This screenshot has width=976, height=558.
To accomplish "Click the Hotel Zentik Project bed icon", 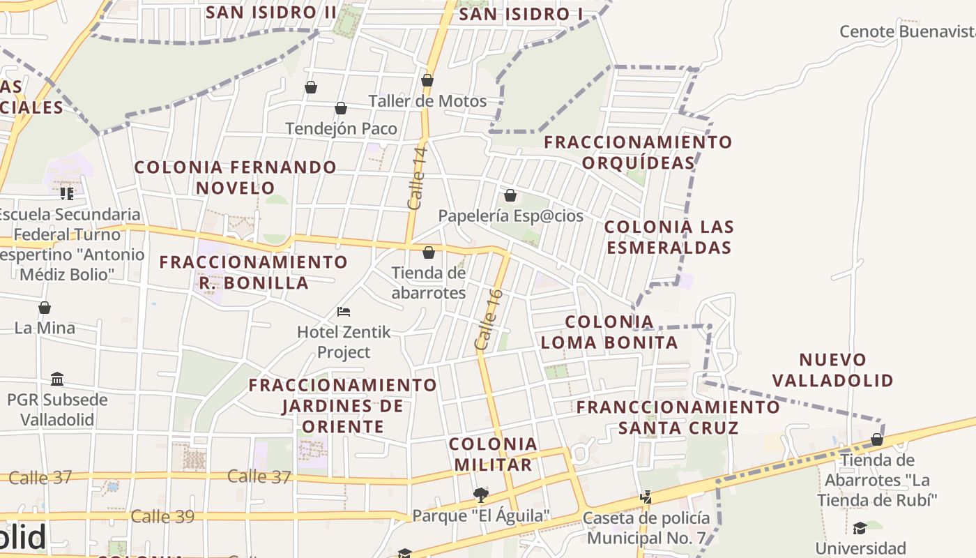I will point(343,311).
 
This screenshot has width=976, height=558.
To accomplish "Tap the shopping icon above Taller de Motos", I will point(427,81).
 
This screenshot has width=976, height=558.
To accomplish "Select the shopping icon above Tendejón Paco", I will point(341,108).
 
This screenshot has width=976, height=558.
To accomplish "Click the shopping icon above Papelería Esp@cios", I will point(510,195).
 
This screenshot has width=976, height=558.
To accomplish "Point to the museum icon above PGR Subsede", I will point(57,379).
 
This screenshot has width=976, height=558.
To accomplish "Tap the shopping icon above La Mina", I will point(45,308).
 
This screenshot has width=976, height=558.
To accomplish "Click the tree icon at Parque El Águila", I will point(480,495).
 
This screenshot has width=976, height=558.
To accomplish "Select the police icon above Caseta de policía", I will point(646,497).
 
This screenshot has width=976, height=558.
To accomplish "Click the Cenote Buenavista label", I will point(906,31).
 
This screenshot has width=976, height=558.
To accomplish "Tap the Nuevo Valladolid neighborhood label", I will point(833,370).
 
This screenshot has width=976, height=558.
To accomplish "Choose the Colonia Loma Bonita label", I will point(609,332).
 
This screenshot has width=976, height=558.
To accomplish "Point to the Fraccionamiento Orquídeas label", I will point(638,152).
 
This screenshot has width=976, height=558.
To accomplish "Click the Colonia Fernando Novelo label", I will point(235,177).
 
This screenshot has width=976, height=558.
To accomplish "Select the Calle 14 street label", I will point(417,178).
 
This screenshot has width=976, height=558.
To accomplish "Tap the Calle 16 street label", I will point(489,319).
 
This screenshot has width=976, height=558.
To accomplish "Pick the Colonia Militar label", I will point(493,454).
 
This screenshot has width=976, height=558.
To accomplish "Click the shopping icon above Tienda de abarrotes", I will point(429,252).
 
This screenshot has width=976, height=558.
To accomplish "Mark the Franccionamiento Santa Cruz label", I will point(678,417).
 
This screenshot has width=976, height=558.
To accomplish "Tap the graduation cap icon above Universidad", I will point(860,528).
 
